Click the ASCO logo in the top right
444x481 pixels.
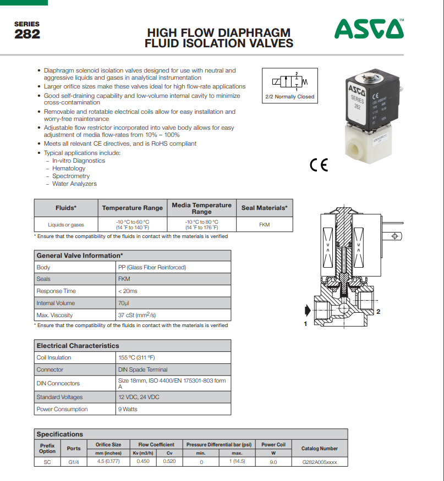[x=369, y=29]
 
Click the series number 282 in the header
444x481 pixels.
[x=27, y=34]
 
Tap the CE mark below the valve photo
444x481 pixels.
[x=319, y=165]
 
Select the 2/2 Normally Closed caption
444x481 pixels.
[x=289, y=97]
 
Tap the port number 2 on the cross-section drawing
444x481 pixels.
[x=379, y=312]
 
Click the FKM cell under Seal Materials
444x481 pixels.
[x=264, y=225]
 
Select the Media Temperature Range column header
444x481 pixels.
[x=201, y=208]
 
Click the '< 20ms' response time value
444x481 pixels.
[x=128, y=291]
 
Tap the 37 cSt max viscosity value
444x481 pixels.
[x=137, y=315]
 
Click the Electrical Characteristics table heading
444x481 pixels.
[x=78, y=346]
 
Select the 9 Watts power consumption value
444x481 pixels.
[x=128, y=409]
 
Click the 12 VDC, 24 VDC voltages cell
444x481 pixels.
[x=139, y=397]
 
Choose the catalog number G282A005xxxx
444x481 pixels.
[x=320, y=462]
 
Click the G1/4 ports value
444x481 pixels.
[x=74, y=462]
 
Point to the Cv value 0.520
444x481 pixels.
[x=169, y=462]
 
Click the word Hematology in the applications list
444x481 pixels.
[x=69, y=168]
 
